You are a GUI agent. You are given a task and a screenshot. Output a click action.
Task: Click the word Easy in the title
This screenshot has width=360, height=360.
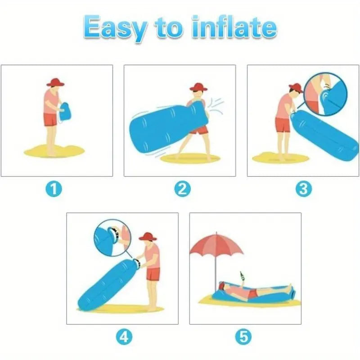coord(113,28)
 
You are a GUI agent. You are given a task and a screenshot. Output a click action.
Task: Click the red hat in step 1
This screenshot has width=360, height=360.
coord(55,82)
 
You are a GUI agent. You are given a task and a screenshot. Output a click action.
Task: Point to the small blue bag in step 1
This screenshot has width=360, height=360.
coord(65,111)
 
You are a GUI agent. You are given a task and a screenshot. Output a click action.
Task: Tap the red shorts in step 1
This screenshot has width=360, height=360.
coord(50,119)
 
